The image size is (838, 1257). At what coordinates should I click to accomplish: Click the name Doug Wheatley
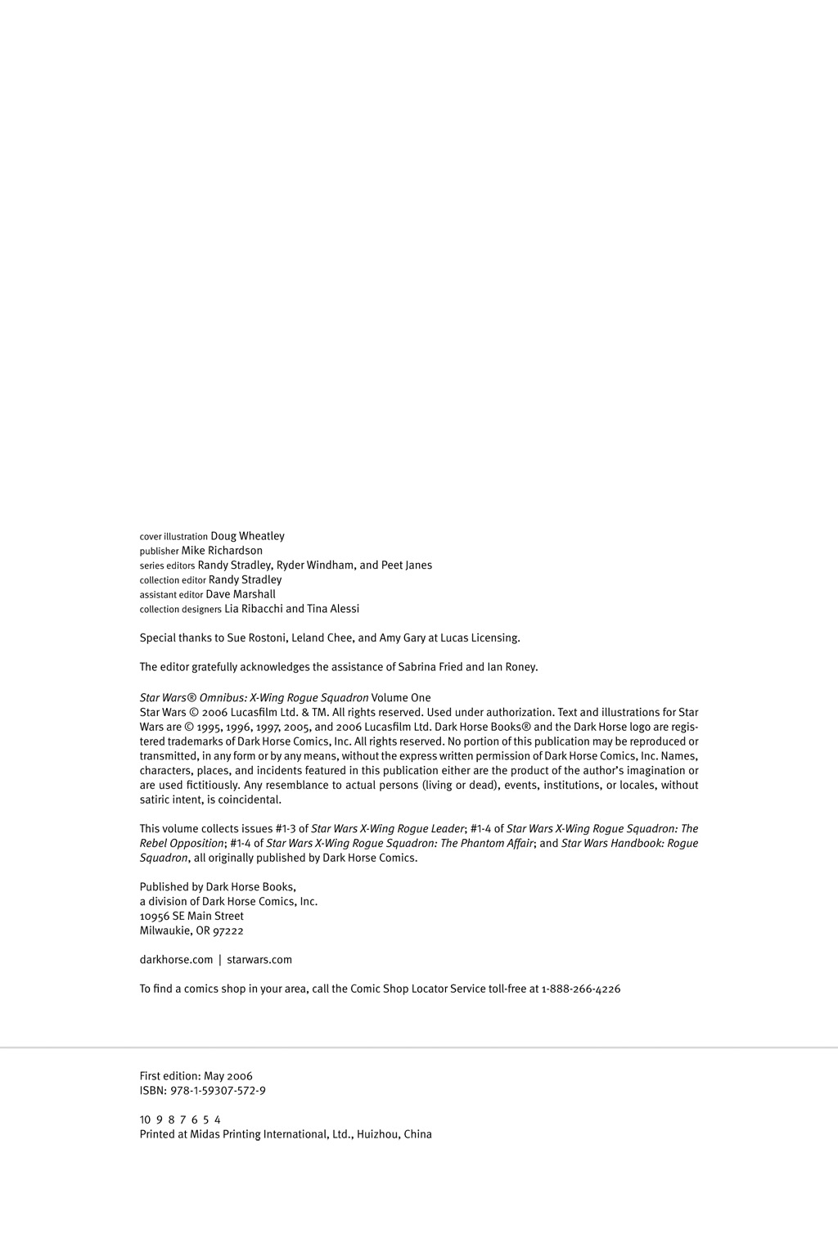pyautogui.click(x=247, y=536)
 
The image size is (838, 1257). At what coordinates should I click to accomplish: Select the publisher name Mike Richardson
pyautogui.click(x=222, y=551)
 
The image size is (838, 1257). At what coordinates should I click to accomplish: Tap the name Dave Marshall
pyautogui.click(x=241, y=594)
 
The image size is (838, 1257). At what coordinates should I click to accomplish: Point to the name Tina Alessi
pyautogui.click(x=333, y=609)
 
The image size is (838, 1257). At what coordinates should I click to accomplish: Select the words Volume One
pyautogui.click(x=401, y=698)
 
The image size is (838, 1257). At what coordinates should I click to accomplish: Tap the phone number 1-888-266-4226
pyautogui.click(x=581, y=989)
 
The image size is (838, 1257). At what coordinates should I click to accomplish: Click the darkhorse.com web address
pyautogui.click(x=176, y=960)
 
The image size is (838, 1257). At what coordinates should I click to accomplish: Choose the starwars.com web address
pyautogui.click(x=259, y=960)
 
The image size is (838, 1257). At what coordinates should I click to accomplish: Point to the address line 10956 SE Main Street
pyautogui.click(x=191, y=916)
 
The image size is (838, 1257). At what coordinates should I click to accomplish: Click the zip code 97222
pyautogui.click(x=228, y=930)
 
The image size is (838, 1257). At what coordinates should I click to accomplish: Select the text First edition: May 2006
pyautogui.click(x=196, y=1076)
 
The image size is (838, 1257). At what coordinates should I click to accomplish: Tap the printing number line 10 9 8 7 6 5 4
pyautogui.click(x=180, y=1120)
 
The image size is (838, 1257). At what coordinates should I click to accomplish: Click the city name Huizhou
pyautogui.click(x=378, y=1134)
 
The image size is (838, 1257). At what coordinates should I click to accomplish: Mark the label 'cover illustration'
pyautogui.click(x=173, y=537)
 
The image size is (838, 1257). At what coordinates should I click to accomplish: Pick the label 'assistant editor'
pyautogui.click(x=171, y=595)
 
